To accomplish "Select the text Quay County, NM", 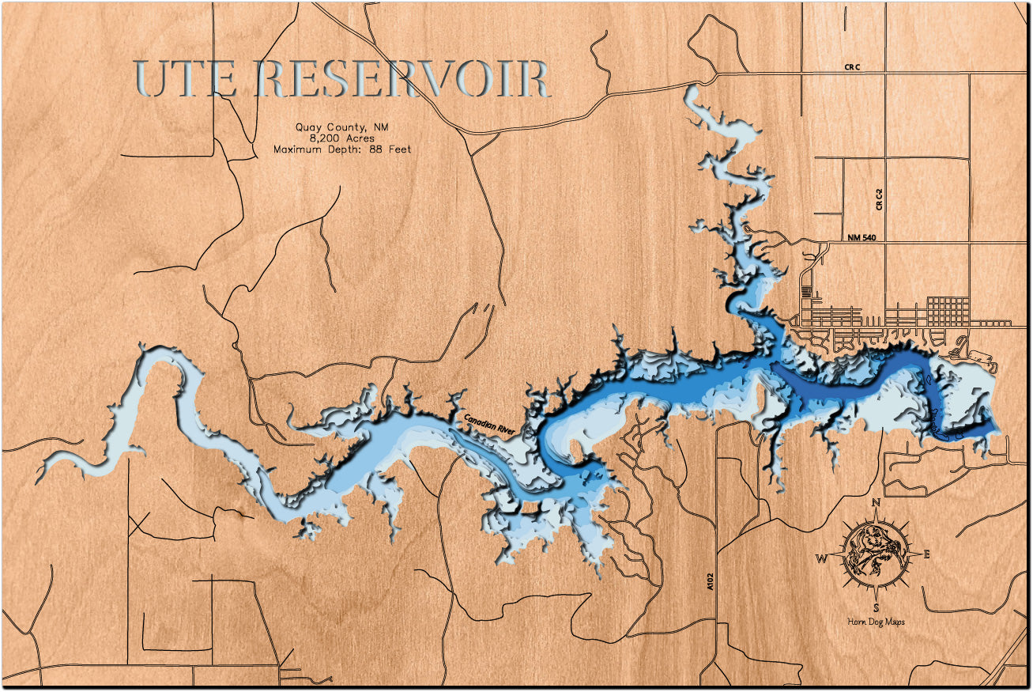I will click(x=342, y=127).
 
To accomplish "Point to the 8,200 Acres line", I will click(x=342, y=138).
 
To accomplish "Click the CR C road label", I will click(x=851, y=68).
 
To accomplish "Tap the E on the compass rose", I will click(x=926, y=554).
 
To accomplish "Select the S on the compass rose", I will click(x=876, y=607).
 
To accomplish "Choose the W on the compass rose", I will click(x=822, y=558).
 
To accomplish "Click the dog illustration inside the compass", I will click(x=874, y=554).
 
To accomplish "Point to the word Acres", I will click(x=357, y=138).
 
